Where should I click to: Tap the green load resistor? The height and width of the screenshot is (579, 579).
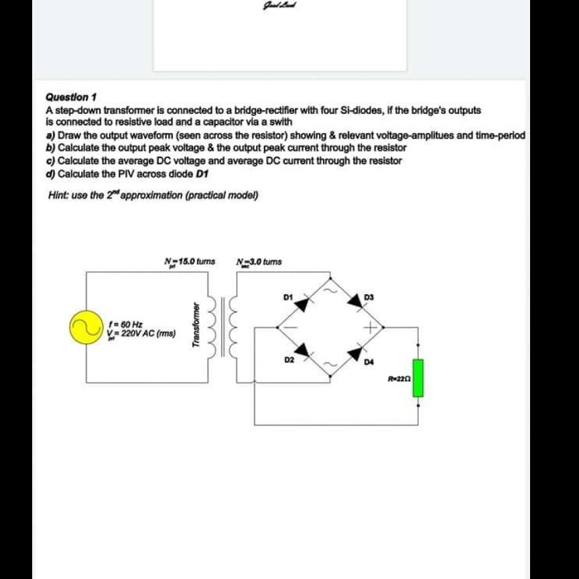click(418, 378)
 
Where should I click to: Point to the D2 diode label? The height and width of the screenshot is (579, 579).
click(289, 360)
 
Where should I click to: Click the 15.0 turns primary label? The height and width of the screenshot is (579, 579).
click(189, 261)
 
